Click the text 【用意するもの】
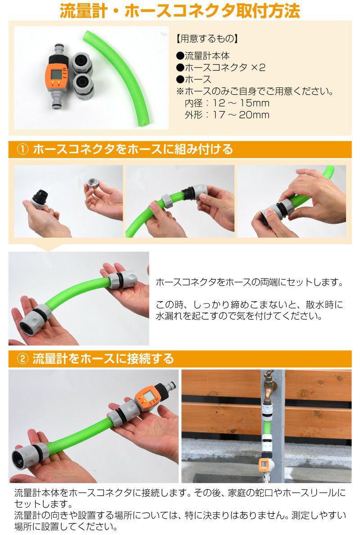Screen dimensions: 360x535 click(x=207, y=39)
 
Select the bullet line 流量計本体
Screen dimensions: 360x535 click(x=203, y=55)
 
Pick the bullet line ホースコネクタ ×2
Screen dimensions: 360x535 click(x=220, y=67)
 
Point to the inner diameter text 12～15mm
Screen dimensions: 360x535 click(x=241, y=103)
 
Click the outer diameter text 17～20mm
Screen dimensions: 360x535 click(x=241, y=115)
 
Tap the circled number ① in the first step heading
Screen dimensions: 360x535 click(x=22, y=150)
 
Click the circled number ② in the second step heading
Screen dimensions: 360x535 click(x=22, y=359)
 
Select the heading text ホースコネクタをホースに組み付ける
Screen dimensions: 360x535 click(x=133, y=150)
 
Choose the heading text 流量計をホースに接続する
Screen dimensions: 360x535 click(x=103, y=358)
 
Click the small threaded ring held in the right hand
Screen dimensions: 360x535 click(x=92, y=183)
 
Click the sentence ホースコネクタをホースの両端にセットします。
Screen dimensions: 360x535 click(x=249, y=282)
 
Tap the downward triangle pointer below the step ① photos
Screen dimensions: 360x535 click(x=48, y=248)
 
